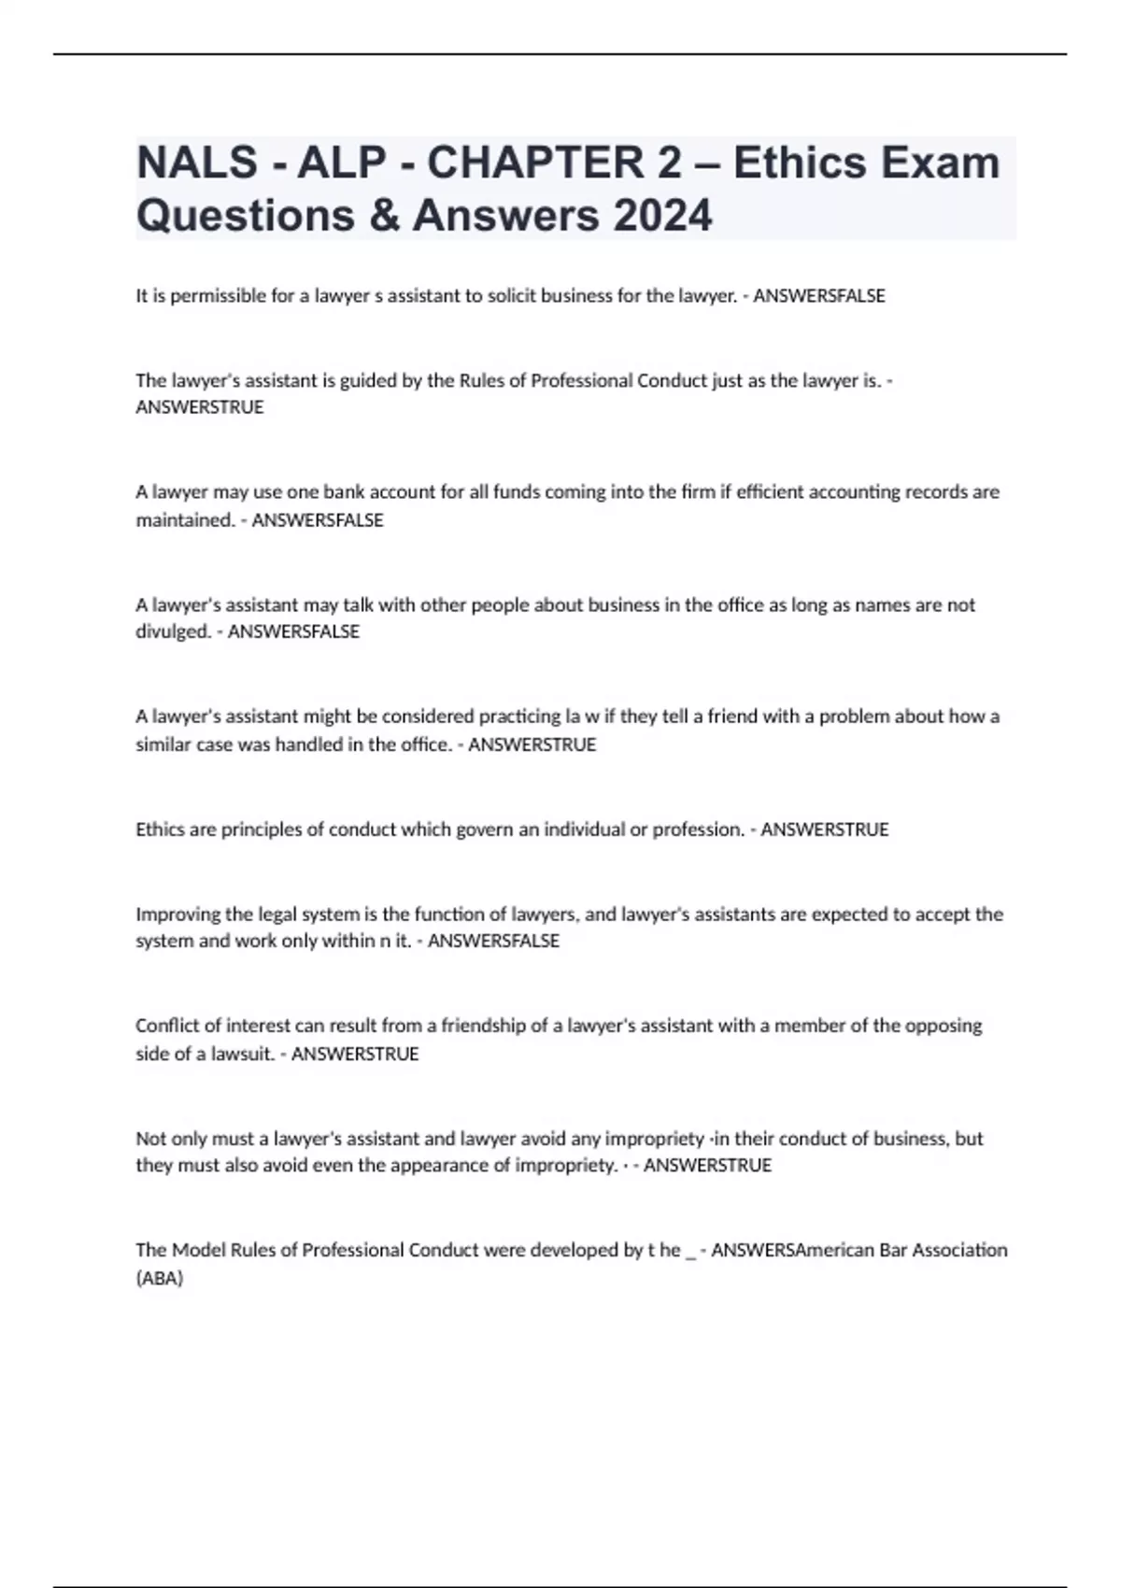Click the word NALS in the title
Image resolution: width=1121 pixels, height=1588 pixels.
tap(197, 163)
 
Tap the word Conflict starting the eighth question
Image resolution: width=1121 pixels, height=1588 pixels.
tap(166, 1026)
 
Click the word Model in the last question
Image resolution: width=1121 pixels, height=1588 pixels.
tap(199, 1250)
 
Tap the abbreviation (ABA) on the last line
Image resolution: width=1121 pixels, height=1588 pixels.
tap(160, 1278)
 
